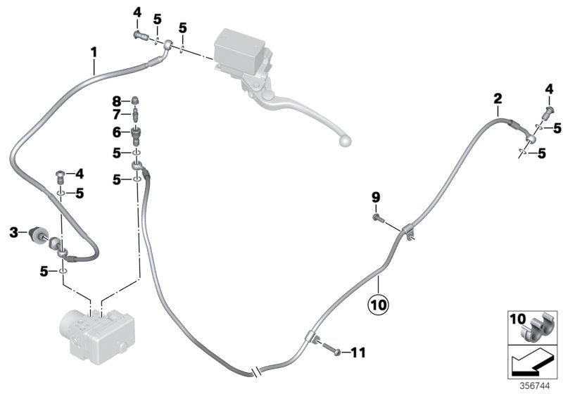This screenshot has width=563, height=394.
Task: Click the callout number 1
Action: point(93,52)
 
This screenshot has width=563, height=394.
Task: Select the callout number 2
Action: point(498,98)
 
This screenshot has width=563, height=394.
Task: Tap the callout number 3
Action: point(13,231)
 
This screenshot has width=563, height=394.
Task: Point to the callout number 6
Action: point(117,132)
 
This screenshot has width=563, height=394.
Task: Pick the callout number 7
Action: point(117,115)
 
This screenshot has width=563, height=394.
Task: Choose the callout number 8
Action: point(117,100)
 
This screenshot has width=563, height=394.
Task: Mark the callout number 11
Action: point(358,352)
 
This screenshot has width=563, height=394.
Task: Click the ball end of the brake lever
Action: point(345,141)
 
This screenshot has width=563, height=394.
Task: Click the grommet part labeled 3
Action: point(37,234)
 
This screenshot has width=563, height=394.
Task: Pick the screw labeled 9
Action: point(377,220)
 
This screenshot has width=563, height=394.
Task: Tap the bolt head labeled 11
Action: point(336,350)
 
